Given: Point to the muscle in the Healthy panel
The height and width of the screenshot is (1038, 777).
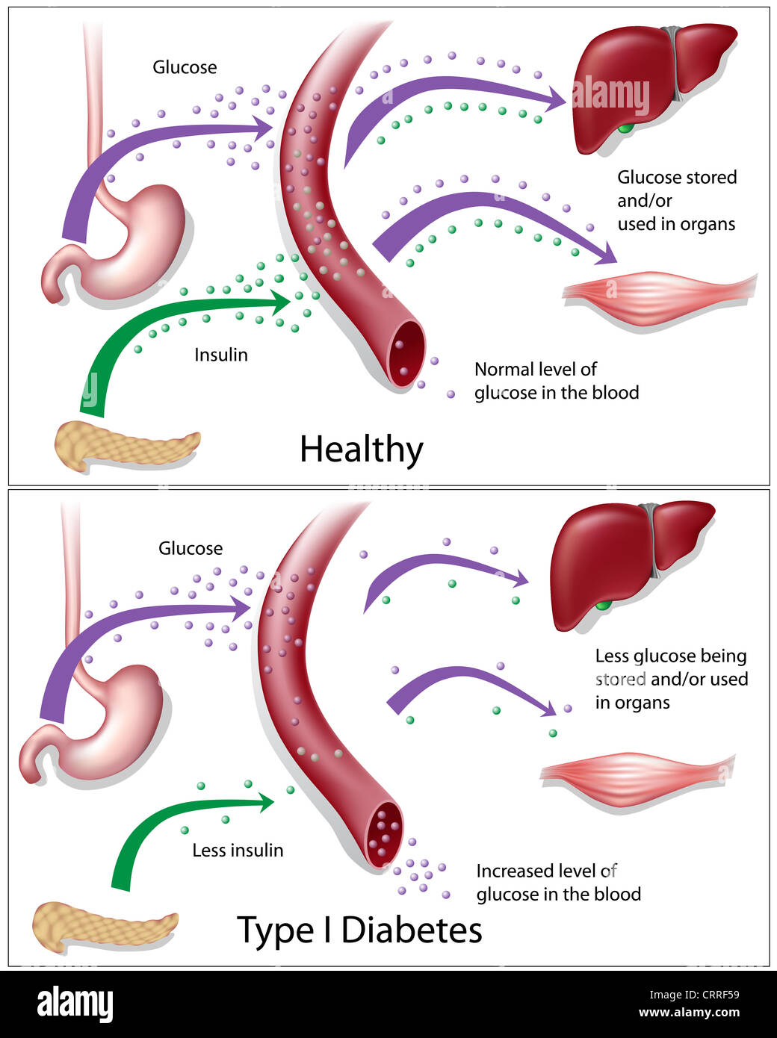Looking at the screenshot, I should (657, 295).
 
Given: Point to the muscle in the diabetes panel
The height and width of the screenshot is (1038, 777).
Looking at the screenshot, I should (635, 777).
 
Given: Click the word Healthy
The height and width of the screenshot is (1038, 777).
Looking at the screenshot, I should (361, 450).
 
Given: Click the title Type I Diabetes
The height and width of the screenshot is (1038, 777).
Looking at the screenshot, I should (359, 930).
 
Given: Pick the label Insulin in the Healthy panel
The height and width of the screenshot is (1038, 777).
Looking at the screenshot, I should (220, 355).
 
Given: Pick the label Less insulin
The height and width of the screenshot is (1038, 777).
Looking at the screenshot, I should (238, 851).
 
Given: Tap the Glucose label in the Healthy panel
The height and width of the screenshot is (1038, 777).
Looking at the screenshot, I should (185, 67).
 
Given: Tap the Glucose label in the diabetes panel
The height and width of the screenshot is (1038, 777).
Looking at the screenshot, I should (190, 548).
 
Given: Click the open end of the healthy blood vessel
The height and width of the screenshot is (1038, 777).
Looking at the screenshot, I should (406, 354).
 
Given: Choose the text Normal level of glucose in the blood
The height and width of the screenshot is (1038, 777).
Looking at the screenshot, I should (556, 381).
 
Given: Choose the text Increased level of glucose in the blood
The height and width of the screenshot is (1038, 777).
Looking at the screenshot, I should (558, 883).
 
